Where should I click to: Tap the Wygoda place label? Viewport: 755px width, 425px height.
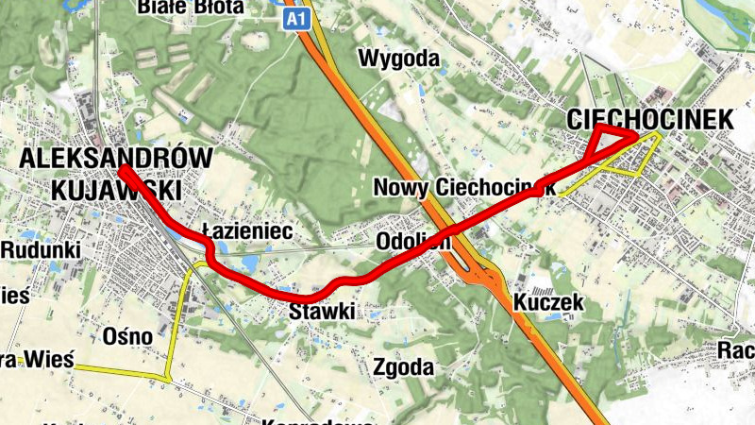click(399, 59)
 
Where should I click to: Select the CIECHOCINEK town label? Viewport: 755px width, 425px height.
click(650, 119)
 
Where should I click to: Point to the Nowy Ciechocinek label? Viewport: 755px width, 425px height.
click(463, 186)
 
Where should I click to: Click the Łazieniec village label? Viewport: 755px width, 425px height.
click(248, 230)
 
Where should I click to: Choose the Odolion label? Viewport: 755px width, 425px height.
click(412, 242)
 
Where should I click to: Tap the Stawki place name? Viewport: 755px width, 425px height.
click(322, 311)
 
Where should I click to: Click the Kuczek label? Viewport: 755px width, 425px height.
click(550, 303)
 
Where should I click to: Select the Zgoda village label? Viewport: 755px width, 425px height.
click(403, 366)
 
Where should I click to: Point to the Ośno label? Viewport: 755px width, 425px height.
click(127, 336)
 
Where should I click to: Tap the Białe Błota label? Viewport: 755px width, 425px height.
click(190, 8)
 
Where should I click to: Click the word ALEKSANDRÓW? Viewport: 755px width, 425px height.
click(116, 158)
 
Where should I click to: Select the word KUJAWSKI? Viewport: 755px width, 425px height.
click(116, 190)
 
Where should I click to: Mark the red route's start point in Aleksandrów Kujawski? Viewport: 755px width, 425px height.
click(125, 170)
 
